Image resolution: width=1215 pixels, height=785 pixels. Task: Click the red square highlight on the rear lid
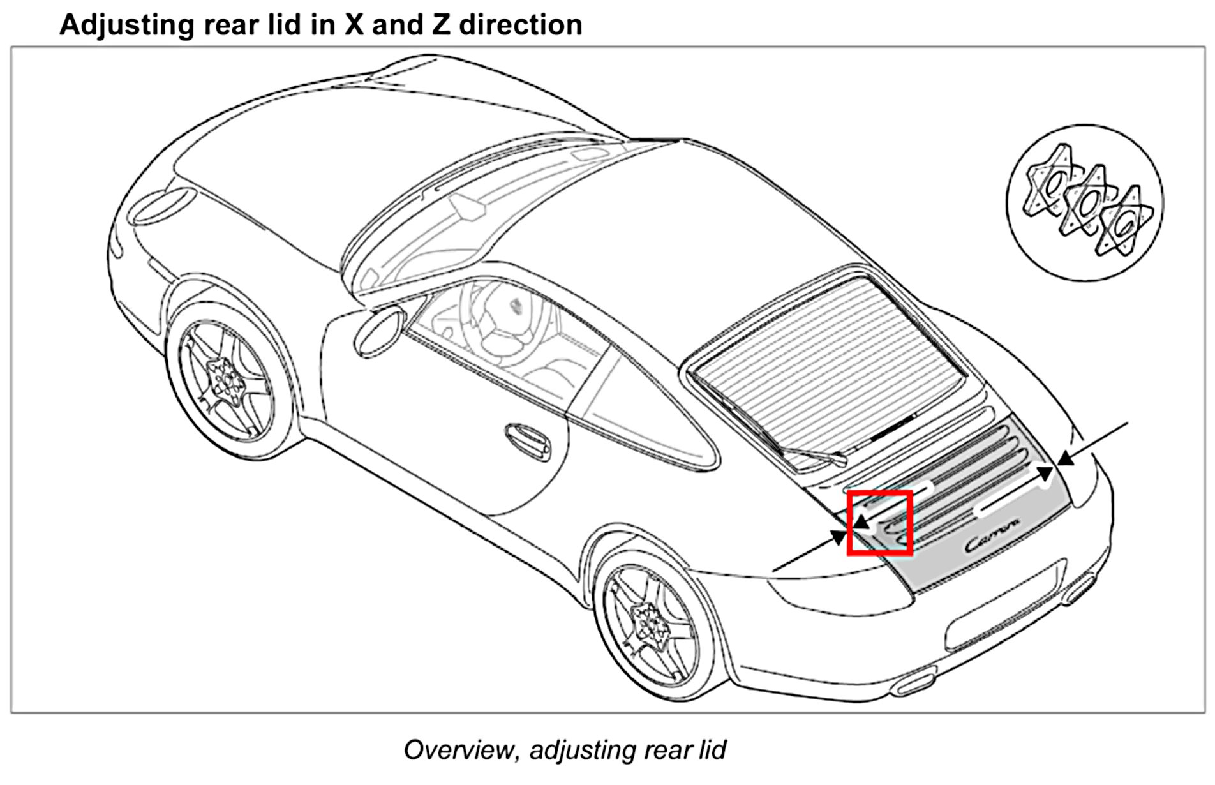tap(879, 523)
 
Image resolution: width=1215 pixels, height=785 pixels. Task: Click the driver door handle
tap(528, 440)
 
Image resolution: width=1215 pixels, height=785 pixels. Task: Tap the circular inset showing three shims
tap(1084, 203)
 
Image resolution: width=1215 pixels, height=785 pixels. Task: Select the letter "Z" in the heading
tap(438, 25)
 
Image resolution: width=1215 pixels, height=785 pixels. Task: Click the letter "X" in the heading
tap(354, 25)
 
